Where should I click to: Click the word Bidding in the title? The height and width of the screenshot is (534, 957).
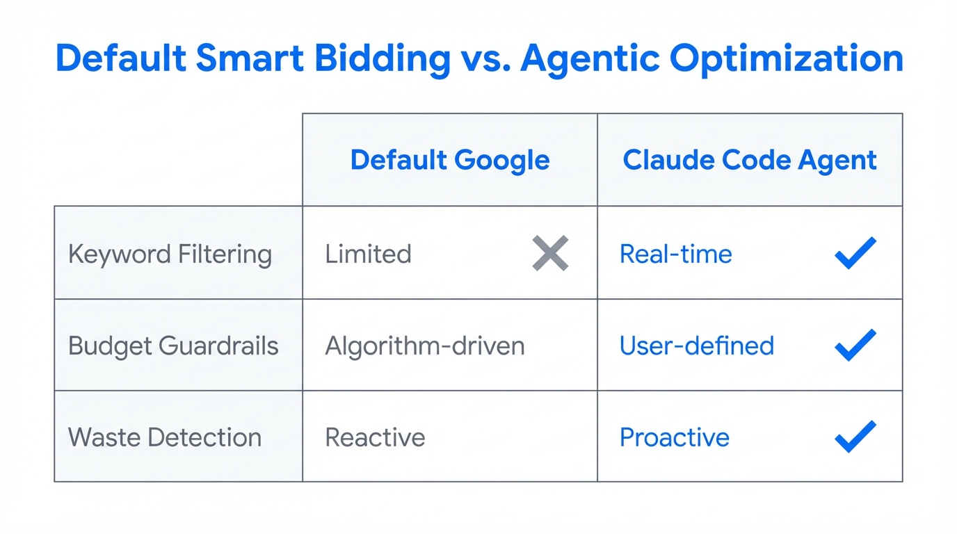pos(374,58)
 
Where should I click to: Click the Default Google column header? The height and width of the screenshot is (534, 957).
pos(450,160)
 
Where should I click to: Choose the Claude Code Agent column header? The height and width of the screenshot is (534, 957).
pos(750,160)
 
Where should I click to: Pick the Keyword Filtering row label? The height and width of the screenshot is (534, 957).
pos(170,254)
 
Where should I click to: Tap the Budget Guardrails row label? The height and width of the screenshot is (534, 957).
pos(173,346)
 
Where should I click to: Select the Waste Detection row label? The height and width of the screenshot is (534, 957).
pos(165,437)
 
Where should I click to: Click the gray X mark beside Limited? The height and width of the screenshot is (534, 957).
pos(550,253)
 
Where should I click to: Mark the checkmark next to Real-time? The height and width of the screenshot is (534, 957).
pos(855,253)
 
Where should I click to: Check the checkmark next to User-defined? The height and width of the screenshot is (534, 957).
pos(855,345)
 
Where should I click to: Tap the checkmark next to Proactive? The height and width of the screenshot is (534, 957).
pos(855,437)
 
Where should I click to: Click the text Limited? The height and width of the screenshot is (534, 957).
pos(368,254)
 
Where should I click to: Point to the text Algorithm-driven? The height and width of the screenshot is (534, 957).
pos(425,346)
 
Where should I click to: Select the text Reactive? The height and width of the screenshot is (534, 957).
pos(375,437)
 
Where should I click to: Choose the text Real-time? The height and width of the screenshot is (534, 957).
pos(675,254)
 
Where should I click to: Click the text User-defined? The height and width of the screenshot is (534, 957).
pos(696,346)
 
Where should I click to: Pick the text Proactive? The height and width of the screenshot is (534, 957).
pos(674,437)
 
